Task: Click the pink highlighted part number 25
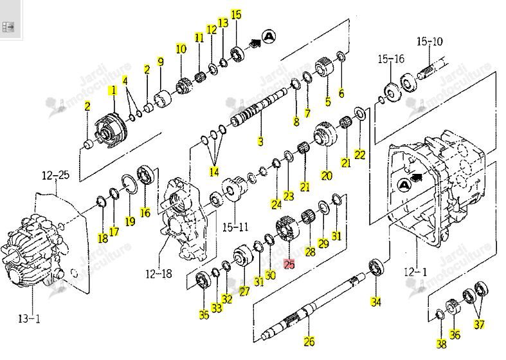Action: (x=289, y=264)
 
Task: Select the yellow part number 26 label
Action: (x=309, y=341)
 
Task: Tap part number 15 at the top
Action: (x=236, y=15)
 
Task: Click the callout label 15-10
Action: (x=429, y=41)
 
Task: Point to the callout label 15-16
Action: (x=391, y=59)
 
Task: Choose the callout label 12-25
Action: (x=55, y=175)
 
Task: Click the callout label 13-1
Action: (x=30, y=319)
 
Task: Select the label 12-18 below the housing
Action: (x=158, y=274)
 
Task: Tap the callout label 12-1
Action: (x=415, y=272)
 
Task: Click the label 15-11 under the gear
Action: (x=235, y=227)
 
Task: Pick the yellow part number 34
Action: (x=376, y=302)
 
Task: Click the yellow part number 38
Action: (x=442, y=344)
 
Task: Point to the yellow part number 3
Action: (x=260, y=141)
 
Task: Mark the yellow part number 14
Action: (x=214, y=171)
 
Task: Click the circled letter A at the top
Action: (x=269, y=37)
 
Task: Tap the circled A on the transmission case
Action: (x=403, y=185)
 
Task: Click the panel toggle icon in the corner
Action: (x=8, y=26)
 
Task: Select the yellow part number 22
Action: (x=360, y=155)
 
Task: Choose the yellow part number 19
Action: (x=130, y=221)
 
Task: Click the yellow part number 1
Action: (x=113, y=90)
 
